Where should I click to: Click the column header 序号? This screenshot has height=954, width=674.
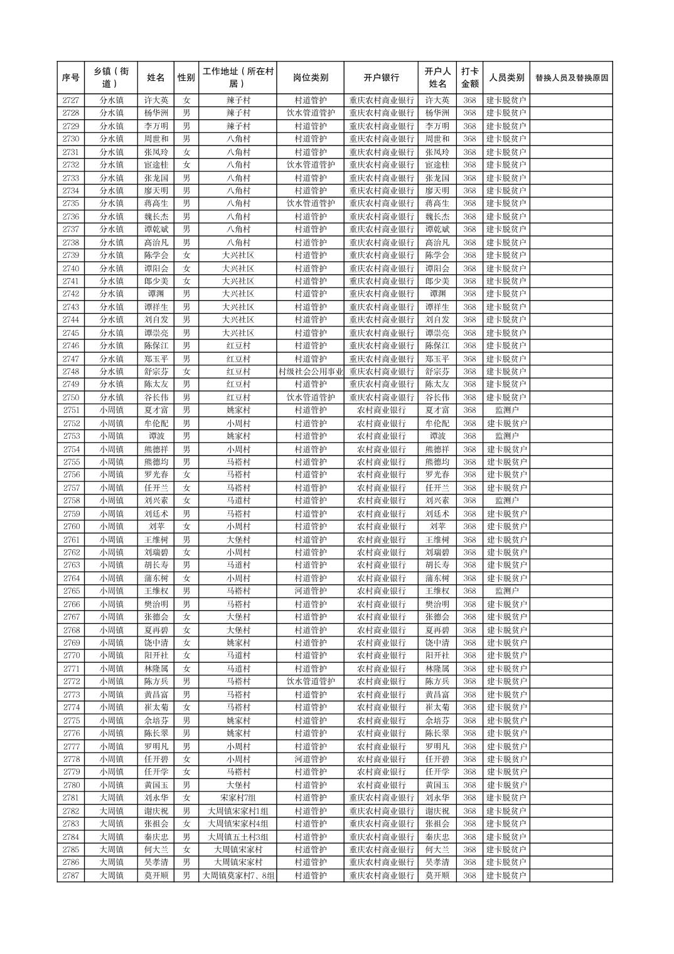(71, 78)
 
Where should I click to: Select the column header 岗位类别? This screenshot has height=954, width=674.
(310, 78)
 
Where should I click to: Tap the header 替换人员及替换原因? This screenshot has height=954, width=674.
(570, 78)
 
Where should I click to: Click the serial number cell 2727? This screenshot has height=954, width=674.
(71, 100)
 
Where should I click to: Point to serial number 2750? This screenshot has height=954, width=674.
(71, 397)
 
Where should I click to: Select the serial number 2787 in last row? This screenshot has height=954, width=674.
(71, 876)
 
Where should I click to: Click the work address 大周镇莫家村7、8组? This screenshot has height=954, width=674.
(238, 876)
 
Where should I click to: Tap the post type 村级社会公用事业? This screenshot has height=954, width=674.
(310, 372)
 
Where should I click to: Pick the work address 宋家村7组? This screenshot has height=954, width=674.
(238, 798)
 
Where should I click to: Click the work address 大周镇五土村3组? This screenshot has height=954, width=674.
(238, 837)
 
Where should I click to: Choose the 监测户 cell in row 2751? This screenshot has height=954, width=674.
(506, 410)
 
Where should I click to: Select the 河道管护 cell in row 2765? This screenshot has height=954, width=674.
(310, 591)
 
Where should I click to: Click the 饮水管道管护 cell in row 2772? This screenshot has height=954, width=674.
(310, 682)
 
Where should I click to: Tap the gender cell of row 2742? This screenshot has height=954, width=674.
(186, 294)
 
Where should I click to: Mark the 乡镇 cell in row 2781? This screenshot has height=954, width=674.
(112, 798)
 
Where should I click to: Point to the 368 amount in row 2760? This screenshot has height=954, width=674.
(469, 527)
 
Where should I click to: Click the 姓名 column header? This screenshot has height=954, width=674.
(156, 78)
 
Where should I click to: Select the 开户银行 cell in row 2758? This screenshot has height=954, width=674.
(381, 501)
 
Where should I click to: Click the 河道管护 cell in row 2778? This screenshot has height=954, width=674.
(310, 759)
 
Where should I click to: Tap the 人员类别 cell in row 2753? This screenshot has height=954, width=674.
(506, 436)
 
